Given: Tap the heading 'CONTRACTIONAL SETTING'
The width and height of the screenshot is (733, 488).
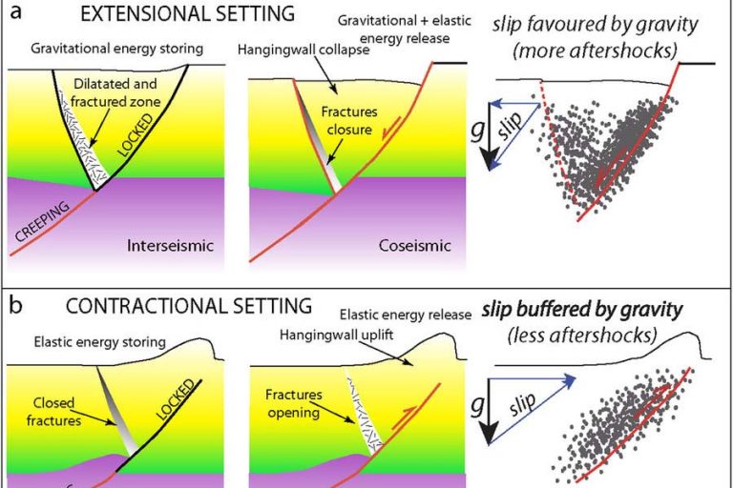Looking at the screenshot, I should click(189, 306).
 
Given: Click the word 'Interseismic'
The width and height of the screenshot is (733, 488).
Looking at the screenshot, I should click(168, 246).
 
